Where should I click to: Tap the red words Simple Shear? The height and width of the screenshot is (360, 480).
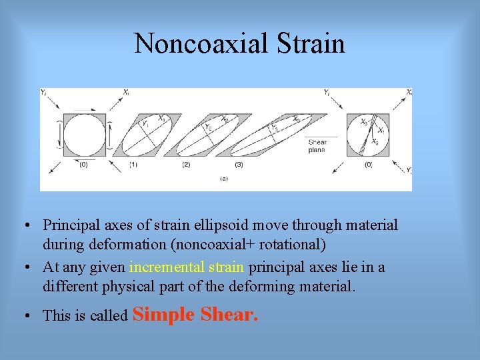click(195, 314)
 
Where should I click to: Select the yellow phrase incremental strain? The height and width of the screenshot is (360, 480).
click(189, 267)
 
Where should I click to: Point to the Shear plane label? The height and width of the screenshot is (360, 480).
click(317, 145)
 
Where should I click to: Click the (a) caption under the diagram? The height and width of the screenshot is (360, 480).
click(224, 179)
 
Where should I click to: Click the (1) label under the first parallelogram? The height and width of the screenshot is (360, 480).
click(133, 164)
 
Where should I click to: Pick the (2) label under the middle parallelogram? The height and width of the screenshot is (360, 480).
click(186, 164)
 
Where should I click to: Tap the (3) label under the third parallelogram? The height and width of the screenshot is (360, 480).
click(239, 164)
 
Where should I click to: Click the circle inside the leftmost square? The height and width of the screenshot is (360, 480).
click(84, 135)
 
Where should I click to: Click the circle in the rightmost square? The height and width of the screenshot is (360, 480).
click(368, 135)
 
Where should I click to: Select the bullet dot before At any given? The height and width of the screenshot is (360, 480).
click(31, 268)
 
